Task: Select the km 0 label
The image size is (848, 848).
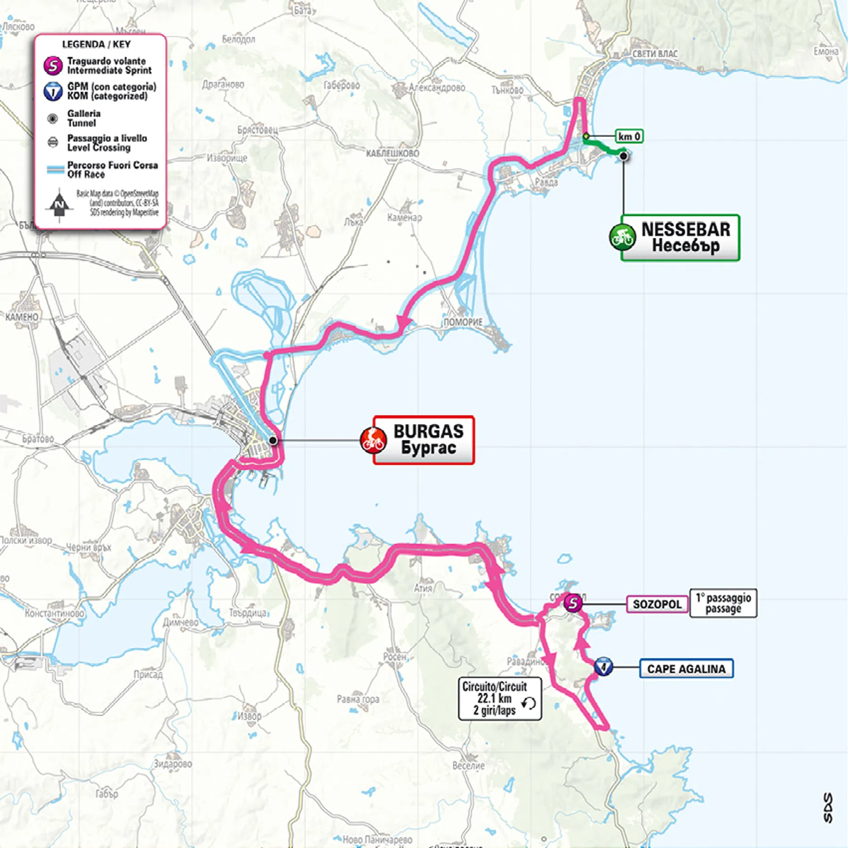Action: tap(629, 136)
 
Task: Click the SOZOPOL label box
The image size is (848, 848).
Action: tap(656, 604)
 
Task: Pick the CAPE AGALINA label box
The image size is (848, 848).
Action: tap(686, 669)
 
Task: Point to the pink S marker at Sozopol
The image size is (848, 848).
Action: tap(573, 603)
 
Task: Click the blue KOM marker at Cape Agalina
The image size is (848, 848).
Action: tap(603, 667)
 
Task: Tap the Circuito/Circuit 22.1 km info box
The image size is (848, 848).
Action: tap(499, 698)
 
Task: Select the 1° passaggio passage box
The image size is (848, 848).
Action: tap(723, 603)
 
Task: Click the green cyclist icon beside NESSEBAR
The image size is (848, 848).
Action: tap(622, 237)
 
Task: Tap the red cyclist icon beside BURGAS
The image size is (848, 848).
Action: tap(373, 440)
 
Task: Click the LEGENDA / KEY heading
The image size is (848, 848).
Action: tap(96, 44)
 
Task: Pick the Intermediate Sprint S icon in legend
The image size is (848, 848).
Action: tap(53, 65)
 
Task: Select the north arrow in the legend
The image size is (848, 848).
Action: tap(59, 205)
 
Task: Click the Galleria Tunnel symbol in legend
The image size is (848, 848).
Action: tap(53, 118)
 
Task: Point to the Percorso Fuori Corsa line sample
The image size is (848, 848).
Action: tap(55, 170)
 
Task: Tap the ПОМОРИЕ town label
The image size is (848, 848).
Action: tap(463, 322)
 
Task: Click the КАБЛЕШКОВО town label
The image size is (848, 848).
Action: tap(392, 153)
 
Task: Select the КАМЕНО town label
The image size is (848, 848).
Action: tap(22, 317)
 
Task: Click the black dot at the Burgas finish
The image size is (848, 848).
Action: tap(273, 440)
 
